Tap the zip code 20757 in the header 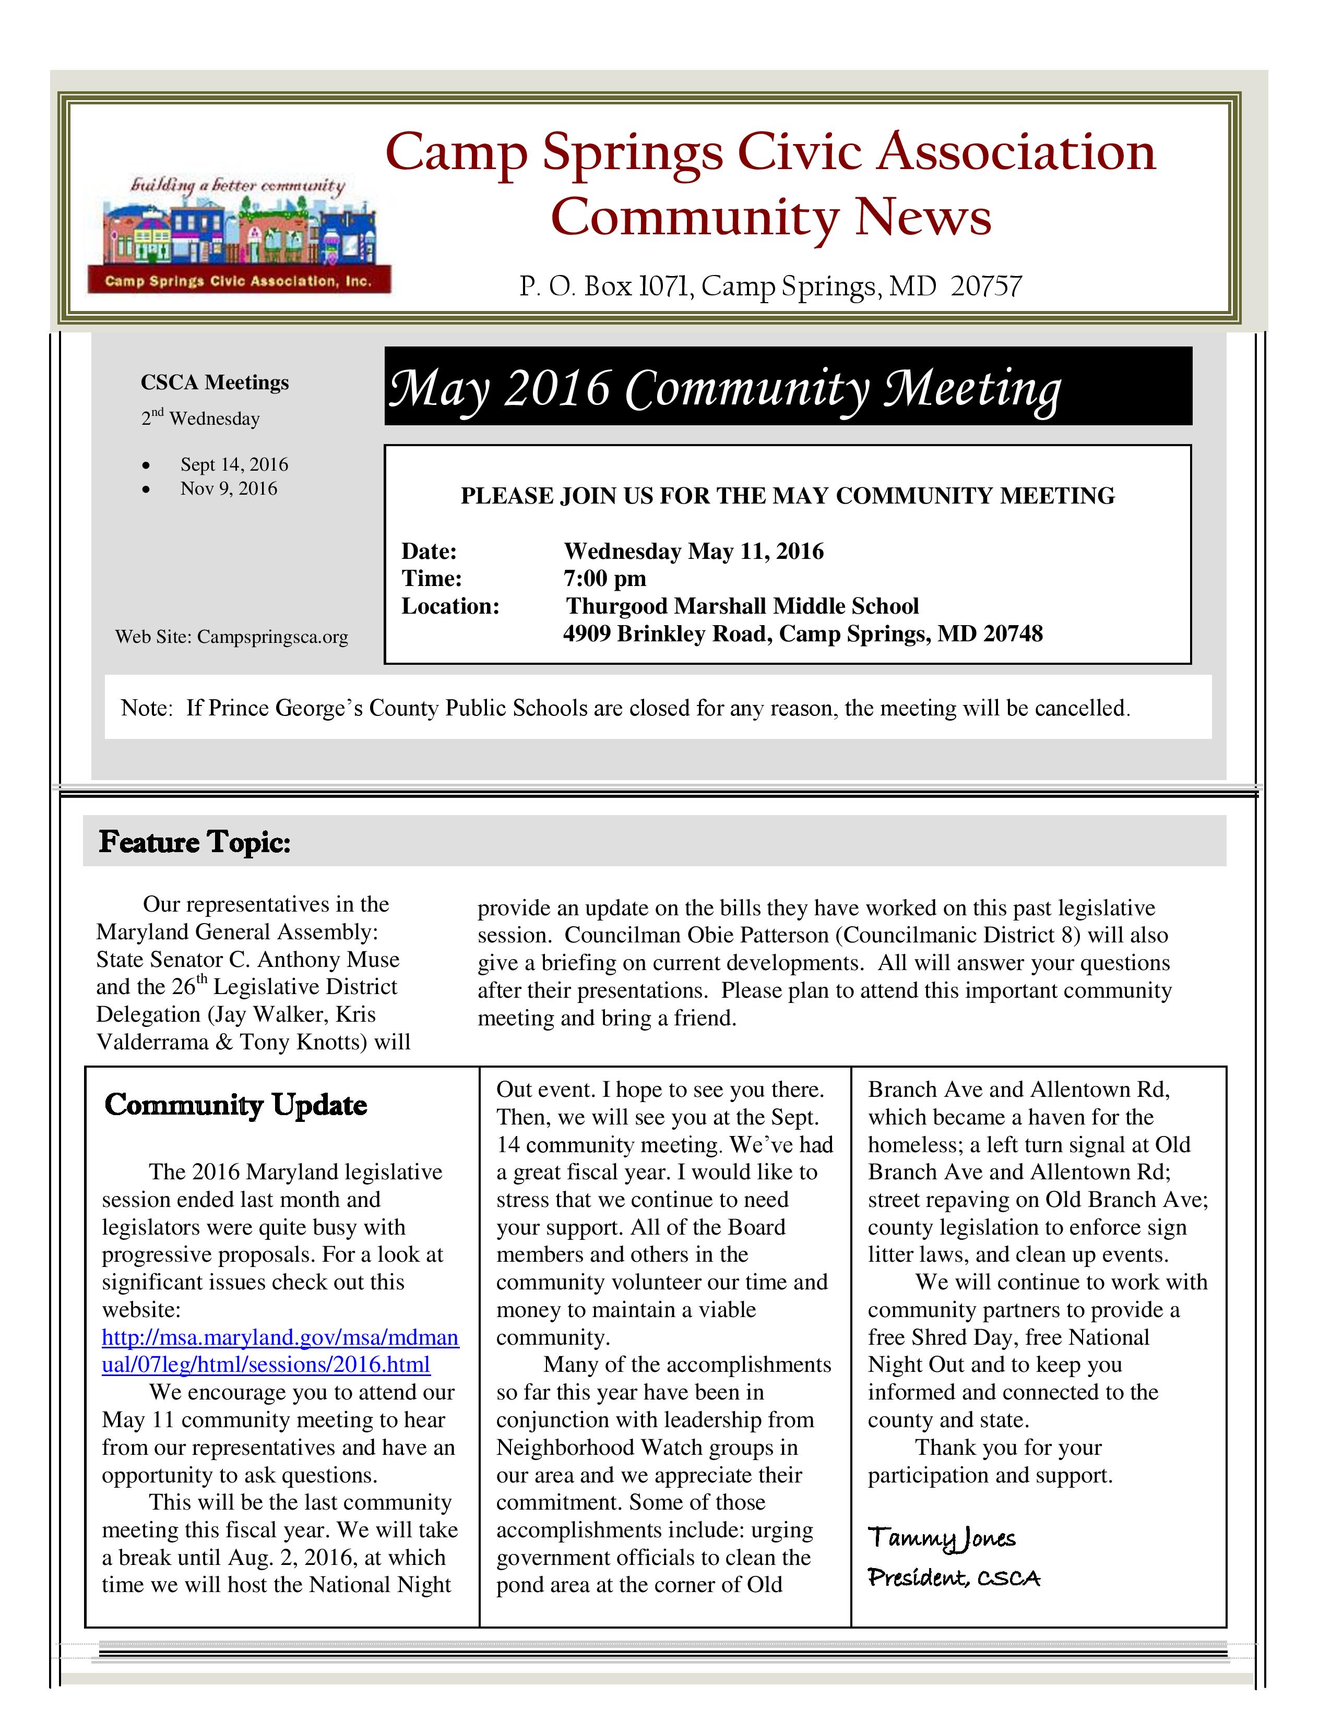985,285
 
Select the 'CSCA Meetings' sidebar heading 215,382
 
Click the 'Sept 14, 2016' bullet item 234,464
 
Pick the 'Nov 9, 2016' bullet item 229,489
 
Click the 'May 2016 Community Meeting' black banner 787,386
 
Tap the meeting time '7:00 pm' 605,579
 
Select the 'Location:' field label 450,606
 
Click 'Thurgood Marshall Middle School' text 742,606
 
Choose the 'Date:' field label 429,551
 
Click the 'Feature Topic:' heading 195,842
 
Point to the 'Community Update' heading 236,1105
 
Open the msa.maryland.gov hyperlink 280,1350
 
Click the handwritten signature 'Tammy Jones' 942,1537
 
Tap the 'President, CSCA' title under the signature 953,1577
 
